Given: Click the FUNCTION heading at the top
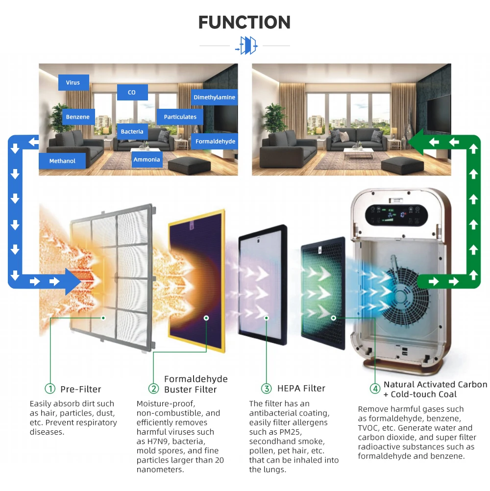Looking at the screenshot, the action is click(x=245, y=22).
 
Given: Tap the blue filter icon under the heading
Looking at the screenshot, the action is click(x=247, y=46).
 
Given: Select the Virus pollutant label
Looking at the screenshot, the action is click(x=73, y=83).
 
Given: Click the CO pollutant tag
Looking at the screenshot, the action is click(x=132, y=93).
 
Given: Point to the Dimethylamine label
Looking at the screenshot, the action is click(x=214, y=98).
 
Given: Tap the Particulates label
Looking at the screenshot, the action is click(x=180, y=117).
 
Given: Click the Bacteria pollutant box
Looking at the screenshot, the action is click(x=132, y=131).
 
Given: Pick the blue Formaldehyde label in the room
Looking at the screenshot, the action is click(x=215, y=141).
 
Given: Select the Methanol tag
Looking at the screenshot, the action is click(x=62, y=161).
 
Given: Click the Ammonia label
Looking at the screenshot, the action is click(x=147, y=159).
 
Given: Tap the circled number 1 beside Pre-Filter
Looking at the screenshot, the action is click(x=50, y=389).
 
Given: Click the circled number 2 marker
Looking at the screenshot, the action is click(x=153, y=389).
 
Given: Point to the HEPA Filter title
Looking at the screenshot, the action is click(x=301, y=388).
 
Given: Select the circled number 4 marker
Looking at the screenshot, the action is click(x=375, y=389).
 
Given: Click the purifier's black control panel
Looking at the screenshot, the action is click(x=396, y=215).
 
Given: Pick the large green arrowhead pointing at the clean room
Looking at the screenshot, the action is click(x=416, y=142).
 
